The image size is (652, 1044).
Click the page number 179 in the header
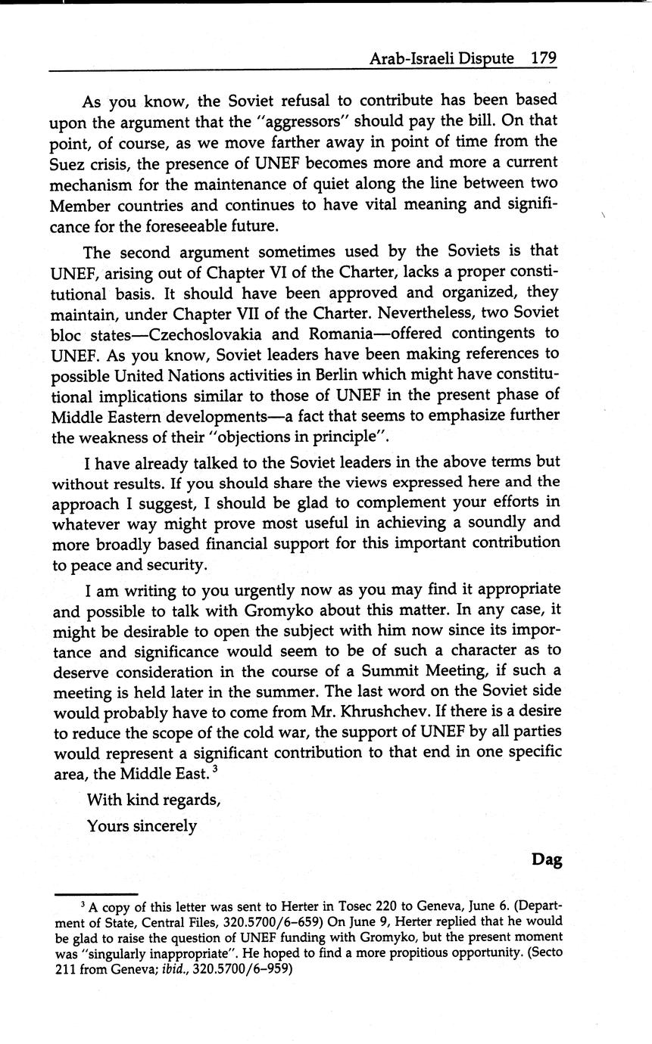click(544, 58)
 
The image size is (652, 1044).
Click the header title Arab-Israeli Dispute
click(440, 58)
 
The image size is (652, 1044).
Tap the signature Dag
click(546, 859)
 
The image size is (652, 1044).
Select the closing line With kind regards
click(153, 800)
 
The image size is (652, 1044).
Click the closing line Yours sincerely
click(142, 826)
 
